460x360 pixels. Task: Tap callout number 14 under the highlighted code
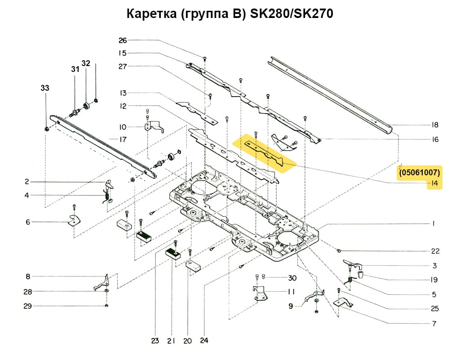(434, 183)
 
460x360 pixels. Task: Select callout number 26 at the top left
(123, 40)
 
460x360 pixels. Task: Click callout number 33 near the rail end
(45, 88)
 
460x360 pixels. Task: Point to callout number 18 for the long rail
(434, 125)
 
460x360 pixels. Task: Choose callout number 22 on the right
(435, 251)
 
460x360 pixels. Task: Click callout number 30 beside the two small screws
(292, 277)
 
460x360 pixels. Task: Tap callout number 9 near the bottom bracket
(291, 306)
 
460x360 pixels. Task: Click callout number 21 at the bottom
(171, 341)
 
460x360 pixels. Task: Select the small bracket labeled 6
(73, 221)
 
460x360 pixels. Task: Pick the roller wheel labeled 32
(87, 107)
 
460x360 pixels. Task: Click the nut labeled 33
(47, 129)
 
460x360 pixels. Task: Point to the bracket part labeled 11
(259, 293)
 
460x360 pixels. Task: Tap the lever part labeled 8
(102, 283)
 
